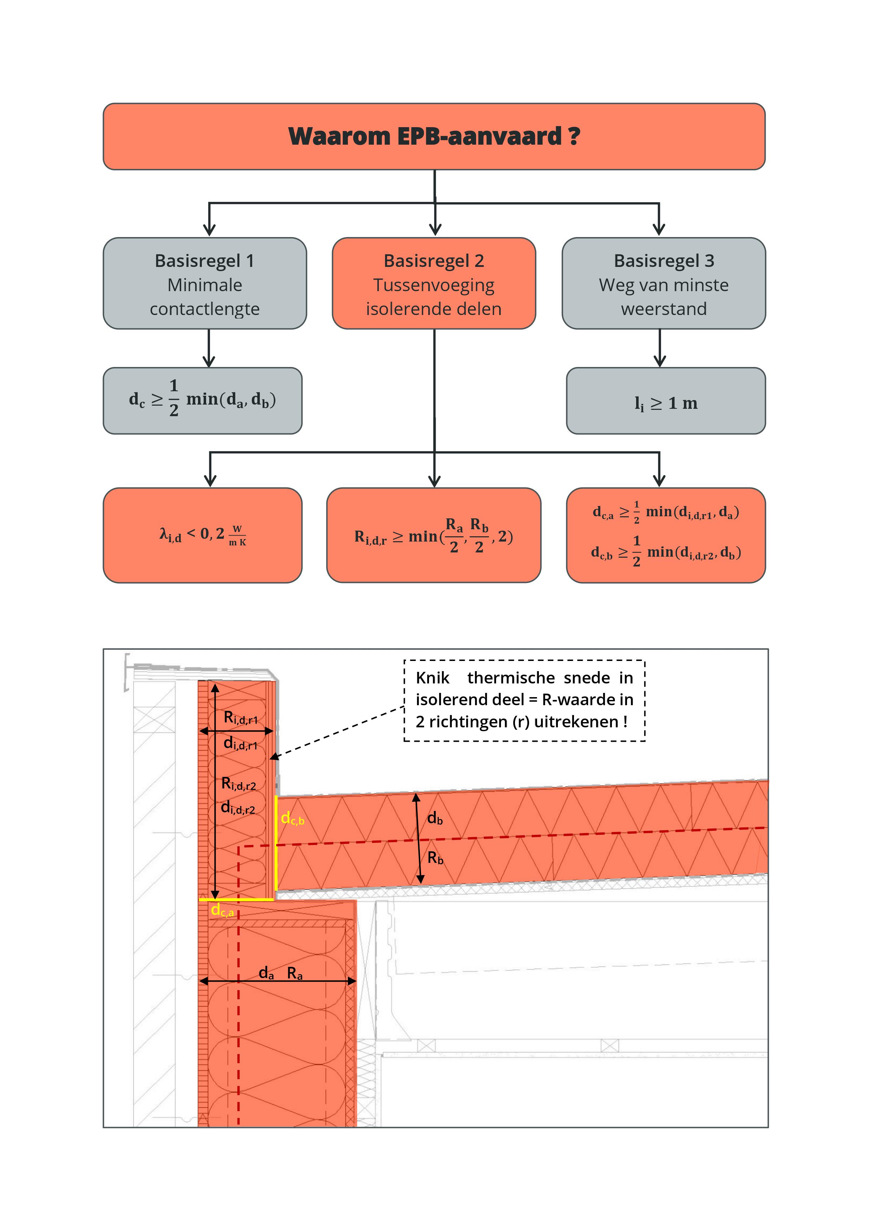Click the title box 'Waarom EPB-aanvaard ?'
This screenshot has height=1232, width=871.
(x=434, y=136)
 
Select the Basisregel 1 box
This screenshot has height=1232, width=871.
(x=205, y=283)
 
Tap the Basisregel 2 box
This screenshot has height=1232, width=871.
(x=434, y=283)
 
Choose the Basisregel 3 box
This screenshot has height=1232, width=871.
(x=664, y=283)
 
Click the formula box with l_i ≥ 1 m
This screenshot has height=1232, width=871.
(x=666, y=401)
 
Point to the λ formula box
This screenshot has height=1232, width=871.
(x=203, y=535)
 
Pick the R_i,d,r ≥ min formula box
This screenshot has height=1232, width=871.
(x=434, y=535)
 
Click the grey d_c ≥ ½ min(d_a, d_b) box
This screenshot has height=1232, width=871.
(x=203, y=401)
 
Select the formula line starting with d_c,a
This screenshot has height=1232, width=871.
(x=666, y=512)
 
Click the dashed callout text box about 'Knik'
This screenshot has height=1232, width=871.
(x=524, y=700)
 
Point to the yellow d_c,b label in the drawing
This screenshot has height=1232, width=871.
(x=292, y=819)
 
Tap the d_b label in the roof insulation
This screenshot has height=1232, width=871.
(x=435, y=818)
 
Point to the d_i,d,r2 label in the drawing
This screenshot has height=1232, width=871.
(x=238, y=807)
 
